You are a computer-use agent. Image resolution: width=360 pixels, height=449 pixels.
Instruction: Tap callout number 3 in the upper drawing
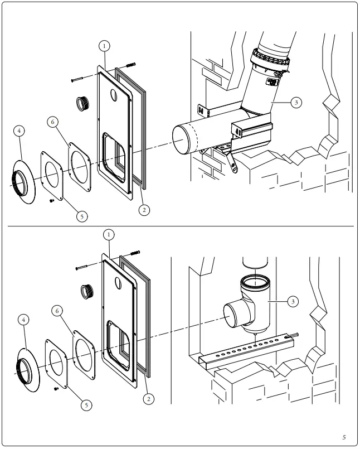pyautogui.click(x=296, y=103)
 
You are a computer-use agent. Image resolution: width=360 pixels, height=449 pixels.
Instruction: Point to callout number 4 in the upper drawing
pyautogui.click(x=20, y=130)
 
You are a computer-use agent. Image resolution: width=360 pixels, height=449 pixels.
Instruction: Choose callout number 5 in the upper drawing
pyautogui.click(x=82, y=215)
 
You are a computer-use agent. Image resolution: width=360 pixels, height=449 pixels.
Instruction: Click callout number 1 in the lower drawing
pyautogui.click(x=108, y=235)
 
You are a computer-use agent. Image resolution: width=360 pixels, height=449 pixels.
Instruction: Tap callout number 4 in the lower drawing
pyautogui.click(x=22, y=320)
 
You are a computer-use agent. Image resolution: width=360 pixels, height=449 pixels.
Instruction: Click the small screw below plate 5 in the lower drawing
pyautogui.click(x=56, y=388)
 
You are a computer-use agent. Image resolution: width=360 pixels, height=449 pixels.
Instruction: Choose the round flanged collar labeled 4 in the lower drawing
pyautogui.click(x=26, y=365)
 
